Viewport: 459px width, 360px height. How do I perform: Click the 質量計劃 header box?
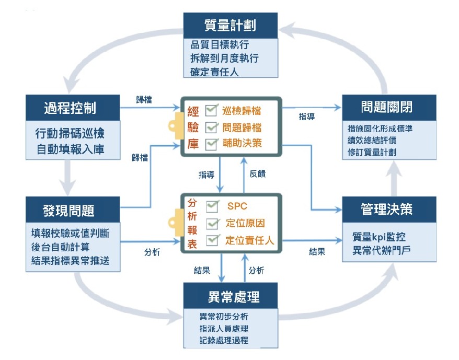coord(229,25)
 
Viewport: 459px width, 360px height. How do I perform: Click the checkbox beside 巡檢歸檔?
coord(212,110)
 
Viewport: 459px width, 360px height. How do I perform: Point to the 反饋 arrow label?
coord(258,174)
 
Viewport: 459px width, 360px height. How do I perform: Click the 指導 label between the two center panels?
coord(206,174)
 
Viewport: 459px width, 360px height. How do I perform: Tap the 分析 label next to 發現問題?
coord(152,252)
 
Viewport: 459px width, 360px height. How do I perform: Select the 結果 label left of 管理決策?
coord(317,252)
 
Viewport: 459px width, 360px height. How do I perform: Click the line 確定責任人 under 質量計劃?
coord(214,72)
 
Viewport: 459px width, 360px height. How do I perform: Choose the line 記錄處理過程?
coord(224,341)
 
